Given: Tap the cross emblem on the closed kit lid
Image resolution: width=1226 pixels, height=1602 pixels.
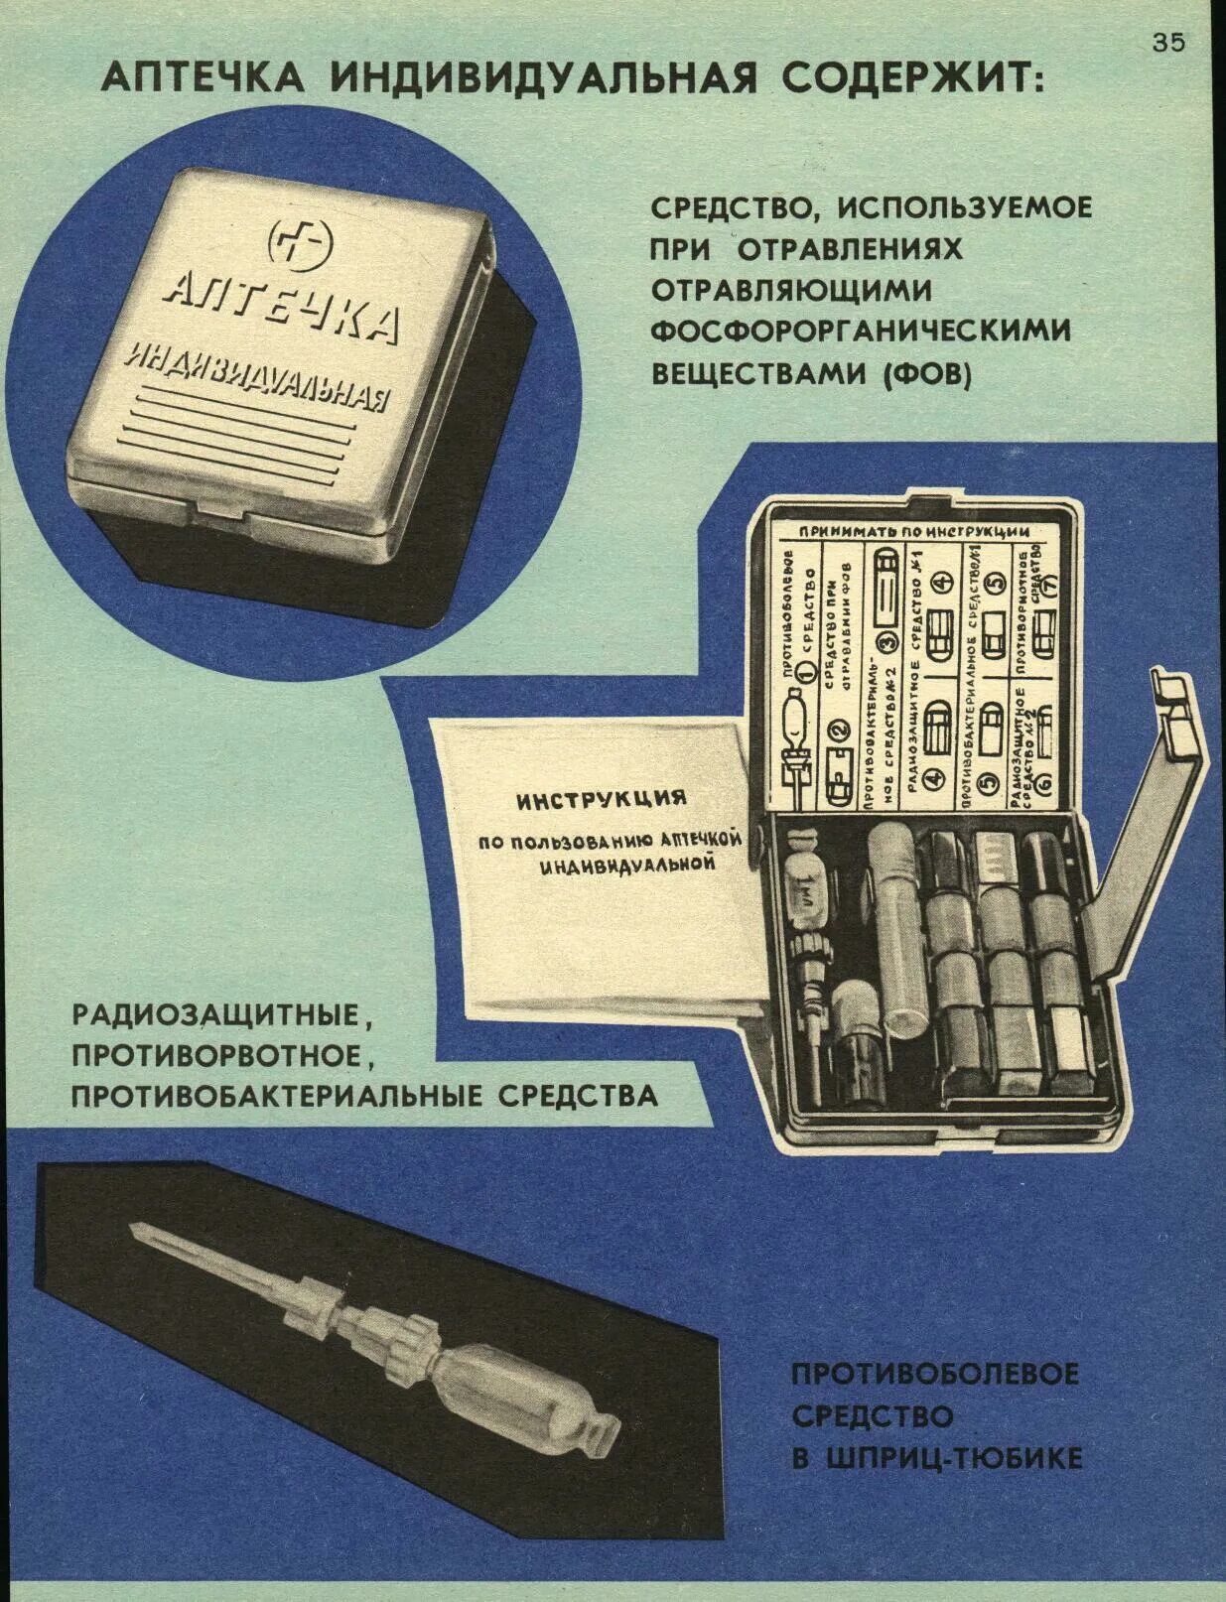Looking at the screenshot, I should [x=301, y=241].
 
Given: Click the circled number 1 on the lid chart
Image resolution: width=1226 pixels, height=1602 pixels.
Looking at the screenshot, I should [x=806, y=672].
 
